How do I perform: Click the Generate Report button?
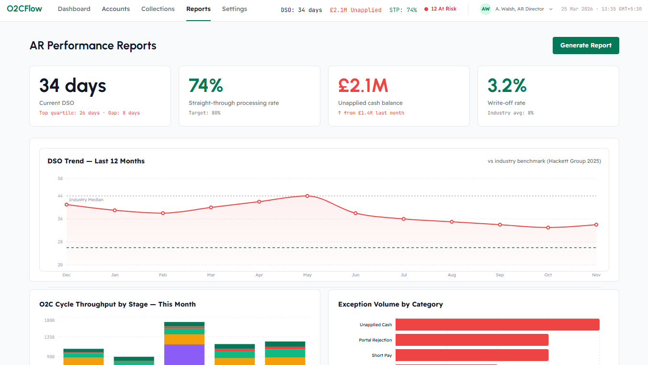[x=586, y=46]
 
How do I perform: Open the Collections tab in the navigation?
[x=158, y=9]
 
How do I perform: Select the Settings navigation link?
[x=234, y=9]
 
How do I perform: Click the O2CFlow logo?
[x=24, y=9]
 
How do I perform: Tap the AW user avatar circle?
[x=486, y=9]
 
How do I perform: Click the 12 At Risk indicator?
[x=440, y=9]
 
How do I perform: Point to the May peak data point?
[x=307, y=196]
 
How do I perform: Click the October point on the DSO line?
[x=548, y=228]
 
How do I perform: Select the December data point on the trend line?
[x=67, y=205]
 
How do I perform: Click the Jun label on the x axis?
[x=355, y=275]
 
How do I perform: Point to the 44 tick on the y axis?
[x=60, y=196]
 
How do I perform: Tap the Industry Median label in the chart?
[x=86, y=200]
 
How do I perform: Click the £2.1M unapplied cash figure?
[x=363, y=86]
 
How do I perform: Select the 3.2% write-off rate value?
[x=507, y=86]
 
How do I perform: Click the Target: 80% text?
[x=205, y=113]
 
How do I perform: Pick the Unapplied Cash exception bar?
[x=497, y=324]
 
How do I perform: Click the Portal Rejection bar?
[x=472, y=340]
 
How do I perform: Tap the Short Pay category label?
[x=382, y=355]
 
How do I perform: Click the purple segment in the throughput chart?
[x=184, y=354]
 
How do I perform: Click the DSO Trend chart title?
[x=96, y=161]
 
